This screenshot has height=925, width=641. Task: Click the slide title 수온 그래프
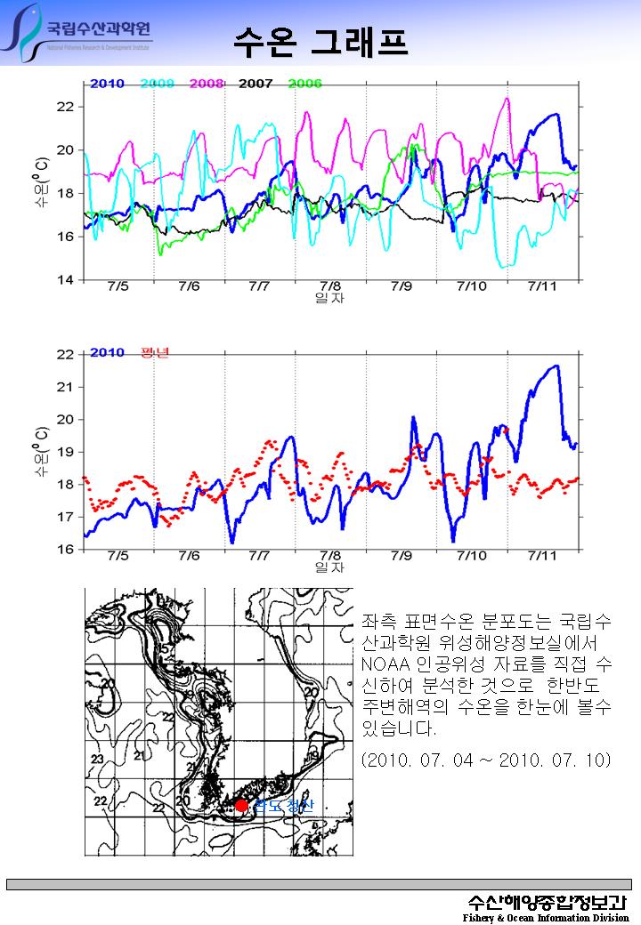point(321,40)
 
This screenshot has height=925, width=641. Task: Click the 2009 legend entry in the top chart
point(157,84)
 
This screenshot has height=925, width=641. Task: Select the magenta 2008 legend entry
point(206,84)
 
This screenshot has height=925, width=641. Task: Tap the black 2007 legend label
point(256,84)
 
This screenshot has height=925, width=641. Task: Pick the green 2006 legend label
point(304,84)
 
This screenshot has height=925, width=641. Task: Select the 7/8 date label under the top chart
point(329,287)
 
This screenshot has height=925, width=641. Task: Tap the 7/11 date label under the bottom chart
point(542,556)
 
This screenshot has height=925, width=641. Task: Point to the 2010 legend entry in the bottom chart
point(107,351)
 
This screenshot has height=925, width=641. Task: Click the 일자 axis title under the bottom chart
point(329,567)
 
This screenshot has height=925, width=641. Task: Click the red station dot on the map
point(241,806)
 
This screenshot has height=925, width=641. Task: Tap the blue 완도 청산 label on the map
point(283,807)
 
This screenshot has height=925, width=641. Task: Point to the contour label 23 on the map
point(97,759)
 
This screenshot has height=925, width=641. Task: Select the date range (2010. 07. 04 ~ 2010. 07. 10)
point(486,762)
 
